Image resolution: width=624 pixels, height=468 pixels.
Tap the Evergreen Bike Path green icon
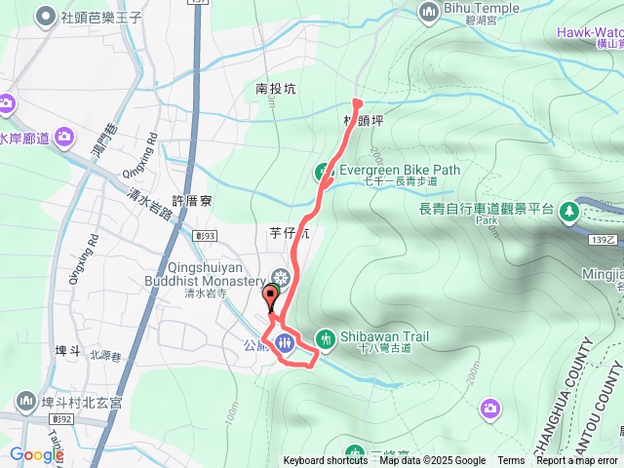[x=324, y=172]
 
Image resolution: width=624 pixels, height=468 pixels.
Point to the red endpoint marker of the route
[x=357, y=102]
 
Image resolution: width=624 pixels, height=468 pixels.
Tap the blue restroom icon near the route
[x=284, y=342]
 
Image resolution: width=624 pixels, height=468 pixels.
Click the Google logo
[x=36, y=454]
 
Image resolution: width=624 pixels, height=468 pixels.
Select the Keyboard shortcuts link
[x=326, y=461]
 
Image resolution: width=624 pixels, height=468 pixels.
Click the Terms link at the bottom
[x=511, y=461]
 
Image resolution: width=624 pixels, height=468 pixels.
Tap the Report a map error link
[x=577, y=461]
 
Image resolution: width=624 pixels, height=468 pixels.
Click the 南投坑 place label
[x=275, y=88]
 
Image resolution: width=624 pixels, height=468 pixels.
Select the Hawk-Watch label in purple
[x=590, y=31]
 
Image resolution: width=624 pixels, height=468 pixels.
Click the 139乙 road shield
[x=604, y=240]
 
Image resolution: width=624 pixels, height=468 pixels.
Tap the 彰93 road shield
[x=204, y=235]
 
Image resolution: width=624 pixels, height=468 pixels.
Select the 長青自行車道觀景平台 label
[x=486, y=209]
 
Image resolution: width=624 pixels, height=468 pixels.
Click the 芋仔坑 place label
[x=288, y=232]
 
